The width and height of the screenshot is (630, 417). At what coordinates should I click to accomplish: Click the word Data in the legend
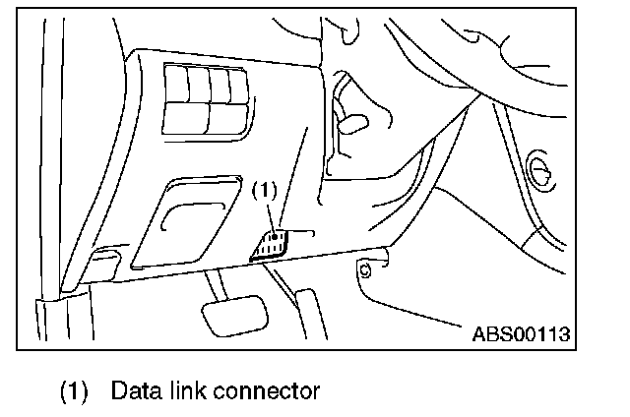pyautogui.click(x=134, y=391)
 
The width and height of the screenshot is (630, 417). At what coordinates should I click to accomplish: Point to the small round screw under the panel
pyautogui.click(x=365, y=268)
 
